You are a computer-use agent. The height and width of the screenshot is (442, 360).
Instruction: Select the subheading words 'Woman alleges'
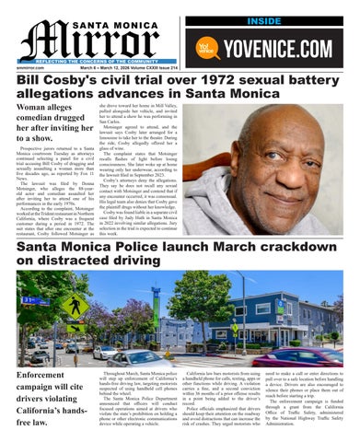[x=41, y=109]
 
